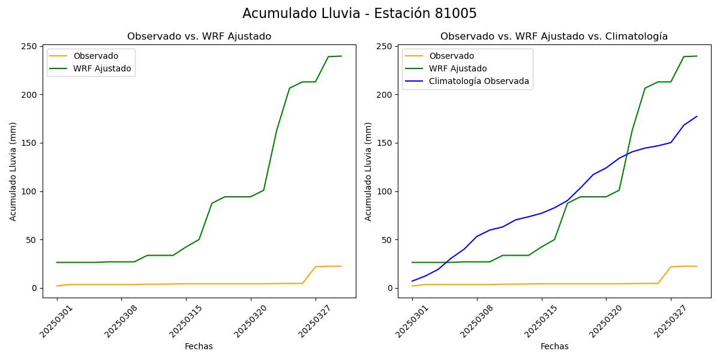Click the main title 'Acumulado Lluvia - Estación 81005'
359,14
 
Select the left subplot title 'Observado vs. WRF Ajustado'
199,37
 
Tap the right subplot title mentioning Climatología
554,37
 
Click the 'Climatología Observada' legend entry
479,82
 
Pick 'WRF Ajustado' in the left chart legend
102,68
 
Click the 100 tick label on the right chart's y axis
386,191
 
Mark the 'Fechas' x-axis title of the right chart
554,346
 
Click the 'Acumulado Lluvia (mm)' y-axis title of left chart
13,171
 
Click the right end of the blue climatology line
697,116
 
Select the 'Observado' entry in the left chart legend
95,56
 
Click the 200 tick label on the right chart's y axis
386,95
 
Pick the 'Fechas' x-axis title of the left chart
199,346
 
